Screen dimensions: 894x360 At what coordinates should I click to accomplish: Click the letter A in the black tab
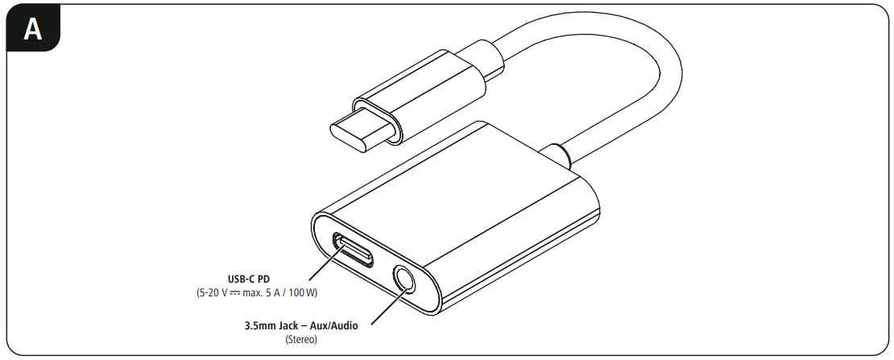[32, 29]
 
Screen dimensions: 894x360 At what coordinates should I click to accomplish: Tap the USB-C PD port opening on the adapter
[354, 249]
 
